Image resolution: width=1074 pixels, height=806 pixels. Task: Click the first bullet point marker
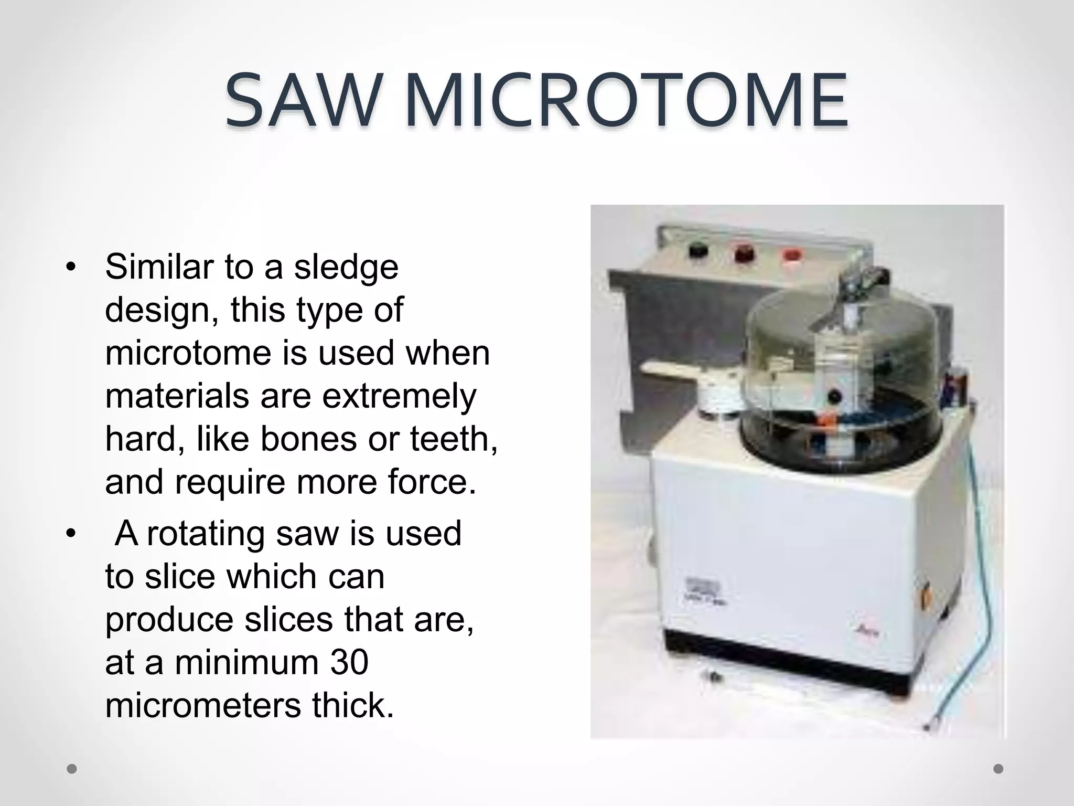pyautogui.click(x=71, y=268)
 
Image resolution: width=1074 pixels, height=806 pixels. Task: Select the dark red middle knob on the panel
pyautogui.click(x=744, y=254)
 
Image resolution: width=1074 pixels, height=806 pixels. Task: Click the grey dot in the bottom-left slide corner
pyautogui.click(x=72, y=769)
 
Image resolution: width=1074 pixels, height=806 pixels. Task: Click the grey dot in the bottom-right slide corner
pyautogui.click(x=998, y=769)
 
